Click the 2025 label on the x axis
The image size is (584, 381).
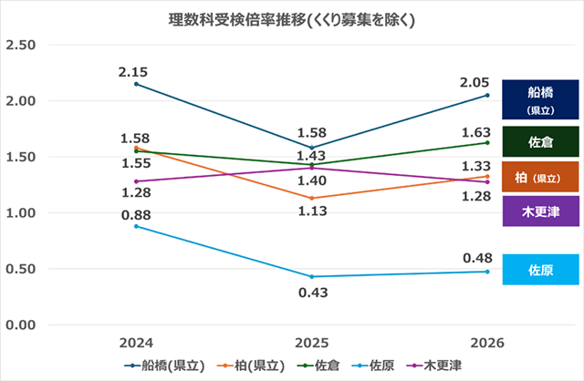(x=311, y=342)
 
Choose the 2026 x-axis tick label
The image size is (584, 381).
(x=487, y=342)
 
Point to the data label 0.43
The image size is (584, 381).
(x=311, y=293)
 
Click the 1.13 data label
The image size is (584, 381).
(x=311, y=211)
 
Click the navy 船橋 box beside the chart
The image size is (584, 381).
(x=541, y=99)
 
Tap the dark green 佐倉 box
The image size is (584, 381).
(x=541, y=141)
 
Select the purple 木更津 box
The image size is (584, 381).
(x=541, y=211)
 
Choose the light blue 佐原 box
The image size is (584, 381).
(x=541, y=270)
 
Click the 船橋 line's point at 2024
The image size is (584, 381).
(x=136, y=84)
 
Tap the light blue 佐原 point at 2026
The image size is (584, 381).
(x=487, y=272)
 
